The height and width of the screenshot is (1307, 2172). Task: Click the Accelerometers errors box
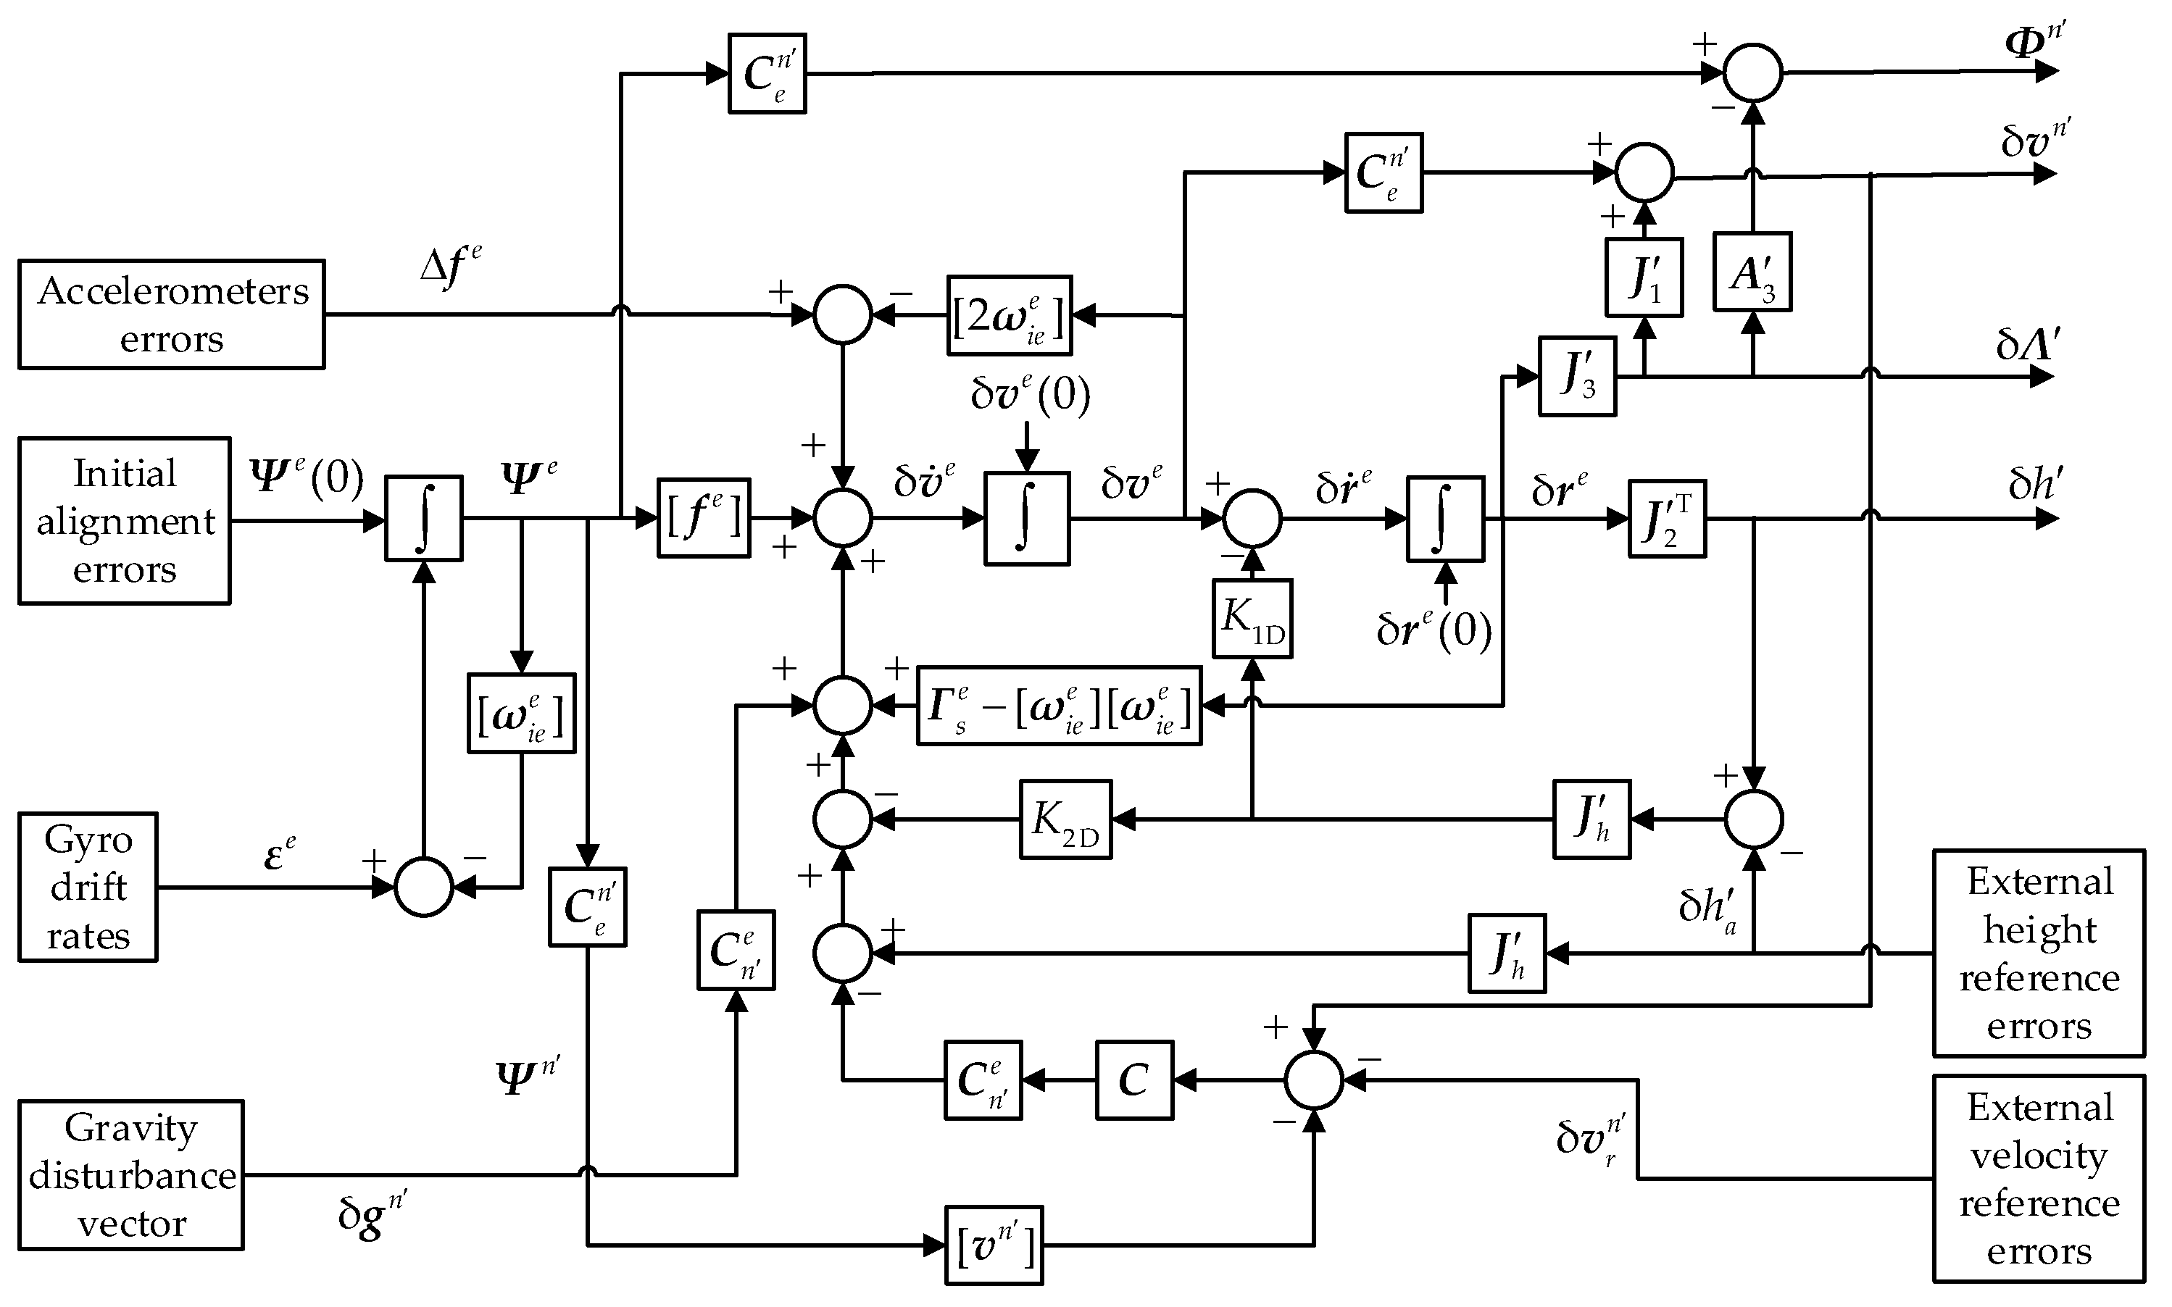[x=171, y=314]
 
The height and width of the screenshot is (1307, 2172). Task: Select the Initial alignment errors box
[x=124, y=520]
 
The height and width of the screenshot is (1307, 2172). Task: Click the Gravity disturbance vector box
[x=130, y=1175]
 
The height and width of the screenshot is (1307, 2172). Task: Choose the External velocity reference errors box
[x=2038, y=1179]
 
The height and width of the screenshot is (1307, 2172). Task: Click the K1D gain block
[x=1252, y=618]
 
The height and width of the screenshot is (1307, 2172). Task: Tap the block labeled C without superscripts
[x=1134, y=1080]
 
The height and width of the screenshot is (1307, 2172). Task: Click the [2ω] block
[x=1010, y=315]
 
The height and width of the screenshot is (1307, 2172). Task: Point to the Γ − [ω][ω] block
[x=1059, y=706]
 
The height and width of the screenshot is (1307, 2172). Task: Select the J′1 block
[x=1644, y=277]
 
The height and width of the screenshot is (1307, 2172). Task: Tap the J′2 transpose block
[x=1666, y=519]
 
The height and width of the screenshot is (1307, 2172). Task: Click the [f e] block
[x=703, y=518]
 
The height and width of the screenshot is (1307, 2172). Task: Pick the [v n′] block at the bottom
[x=994, y=1245]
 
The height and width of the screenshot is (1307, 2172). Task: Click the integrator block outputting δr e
[x=1444, y=519]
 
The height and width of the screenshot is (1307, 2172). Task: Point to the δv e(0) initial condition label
[x=1030, y=393]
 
